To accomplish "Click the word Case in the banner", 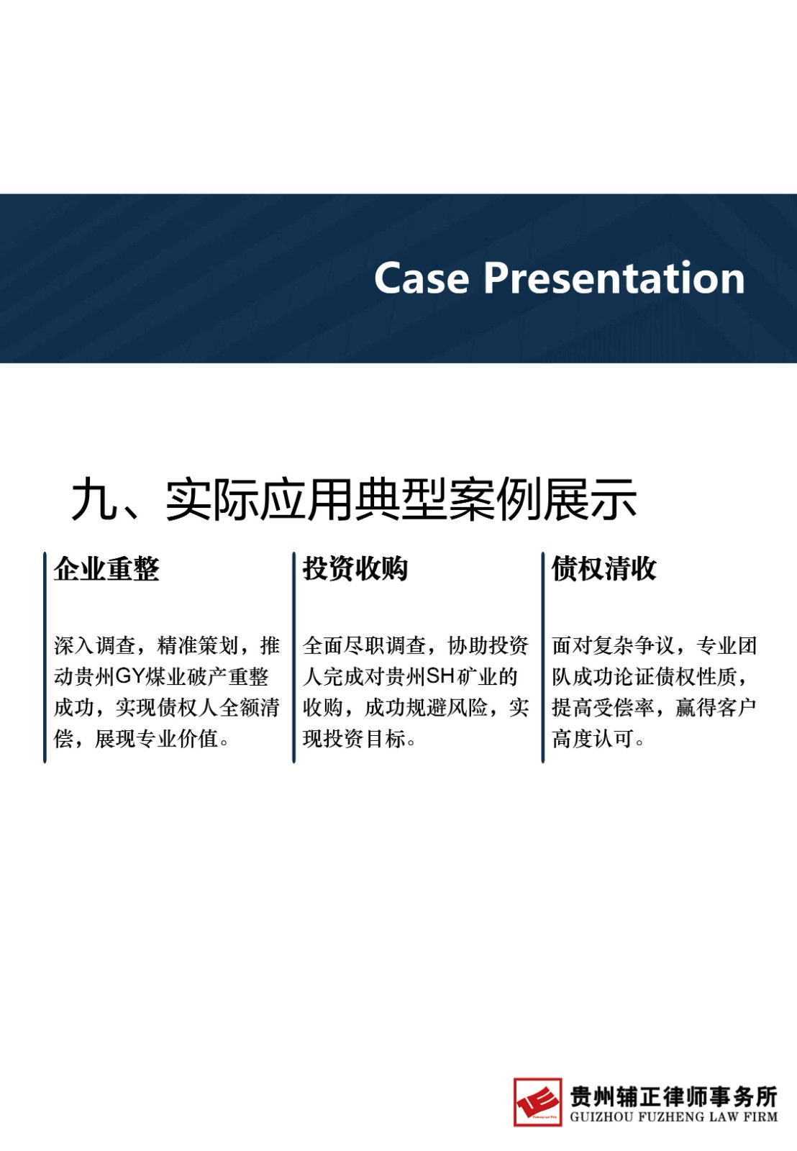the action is click(422, 278).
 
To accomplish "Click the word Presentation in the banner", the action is click(614, 278).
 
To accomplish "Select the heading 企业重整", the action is click(107, 569).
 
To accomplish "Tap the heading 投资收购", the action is click(355, 569).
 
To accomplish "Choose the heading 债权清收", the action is click(604, 569).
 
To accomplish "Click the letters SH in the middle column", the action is click(441, 676).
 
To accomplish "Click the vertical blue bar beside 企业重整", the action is click(45, 658).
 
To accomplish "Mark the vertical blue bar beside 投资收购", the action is click(294, 658).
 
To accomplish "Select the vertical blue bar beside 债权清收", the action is click(542, 658).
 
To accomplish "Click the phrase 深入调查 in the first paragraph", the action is click(94, 646).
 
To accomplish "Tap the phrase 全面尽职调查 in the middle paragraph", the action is click(364, 646).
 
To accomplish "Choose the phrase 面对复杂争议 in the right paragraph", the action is click(613, 646).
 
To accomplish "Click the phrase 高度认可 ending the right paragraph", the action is click(593, 739).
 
